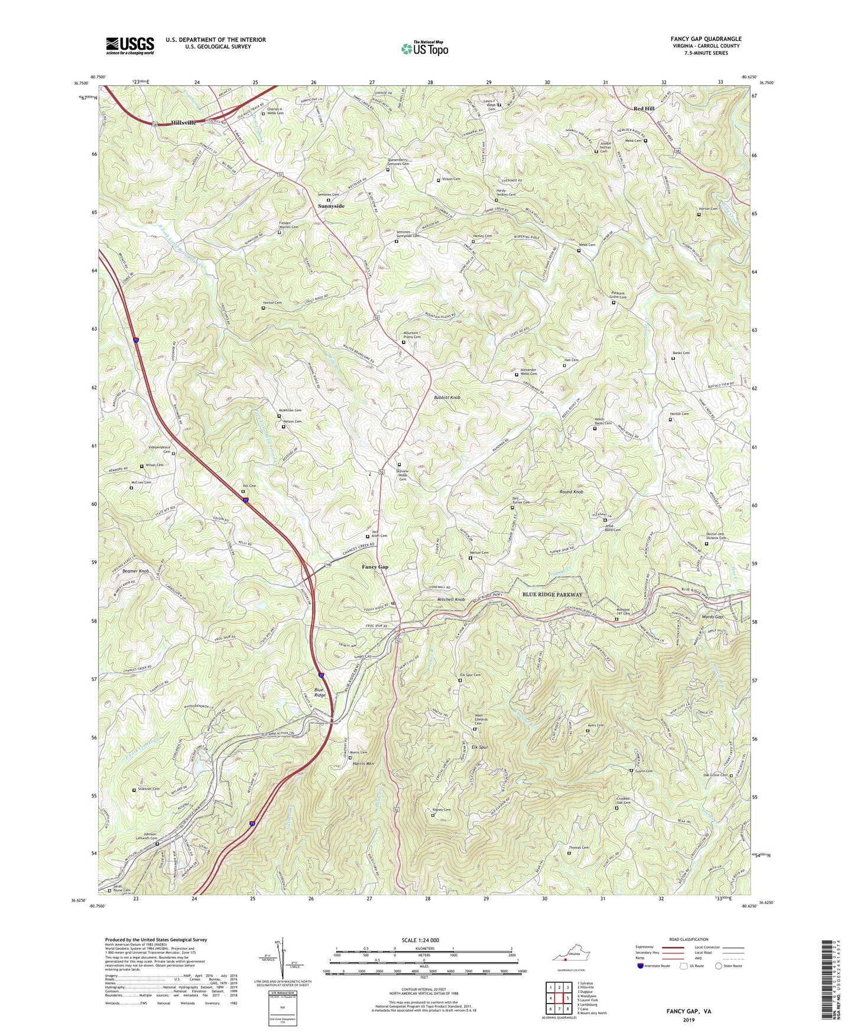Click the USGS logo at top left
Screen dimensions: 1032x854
130,45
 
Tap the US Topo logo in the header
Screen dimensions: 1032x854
424,49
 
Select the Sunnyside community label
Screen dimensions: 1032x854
331,206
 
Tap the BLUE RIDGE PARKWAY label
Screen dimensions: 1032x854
552,595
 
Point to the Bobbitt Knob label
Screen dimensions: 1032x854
447,398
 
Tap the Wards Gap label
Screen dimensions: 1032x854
712,616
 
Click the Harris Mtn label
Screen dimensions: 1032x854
363,764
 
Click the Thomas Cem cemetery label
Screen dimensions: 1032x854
579,848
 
